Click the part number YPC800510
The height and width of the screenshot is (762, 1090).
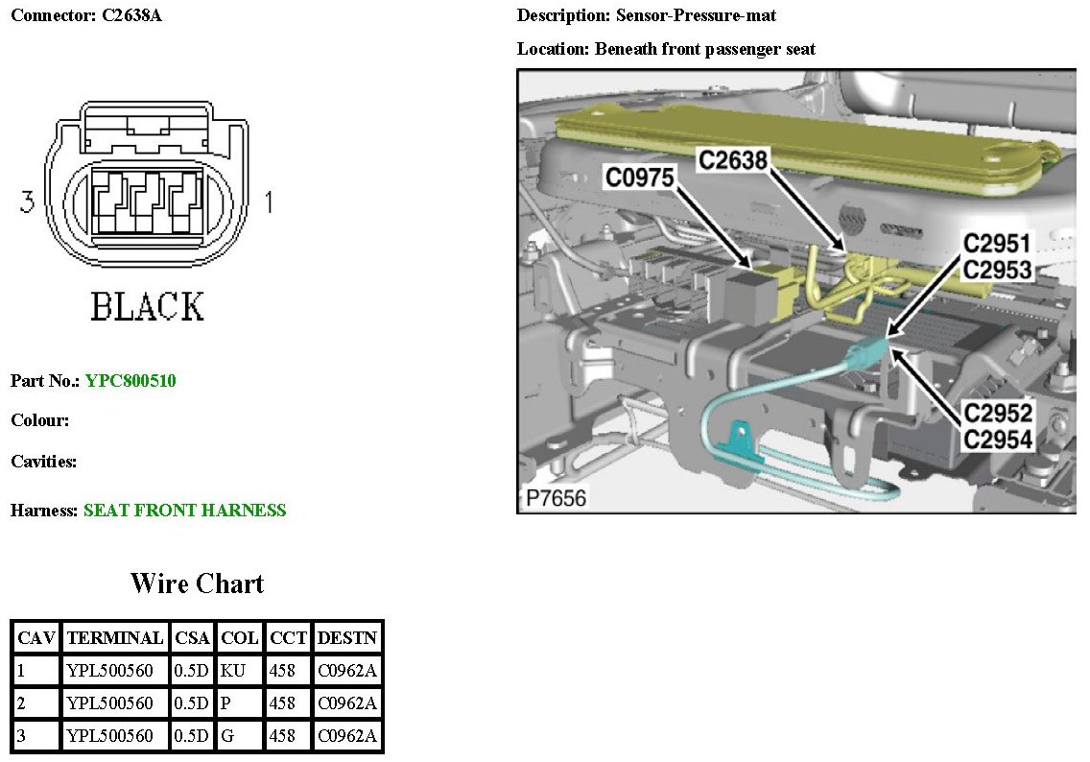(130, 381)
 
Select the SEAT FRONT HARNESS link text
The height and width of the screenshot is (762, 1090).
(184, 511)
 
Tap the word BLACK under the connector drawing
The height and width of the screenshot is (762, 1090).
(148, 307)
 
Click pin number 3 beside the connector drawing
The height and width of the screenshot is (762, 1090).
(29, 202)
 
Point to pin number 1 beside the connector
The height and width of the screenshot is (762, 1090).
(269, 202)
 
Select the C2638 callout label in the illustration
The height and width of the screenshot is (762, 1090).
(733, 160)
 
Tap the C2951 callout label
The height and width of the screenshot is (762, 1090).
(998, 245)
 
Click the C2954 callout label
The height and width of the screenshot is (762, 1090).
(999, 440)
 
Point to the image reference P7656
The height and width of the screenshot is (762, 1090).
(557, 498)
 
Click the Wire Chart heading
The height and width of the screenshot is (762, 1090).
(197, 583)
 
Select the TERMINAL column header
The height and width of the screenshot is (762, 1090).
(115, 637)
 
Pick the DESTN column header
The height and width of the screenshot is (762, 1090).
(347, 637)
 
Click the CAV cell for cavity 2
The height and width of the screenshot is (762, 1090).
(36, 703)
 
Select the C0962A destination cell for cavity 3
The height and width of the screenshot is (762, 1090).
(347, 736)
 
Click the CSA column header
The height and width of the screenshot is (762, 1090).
(192, 637)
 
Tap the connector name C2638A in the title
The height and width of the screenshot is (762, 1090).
(131, 16)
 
